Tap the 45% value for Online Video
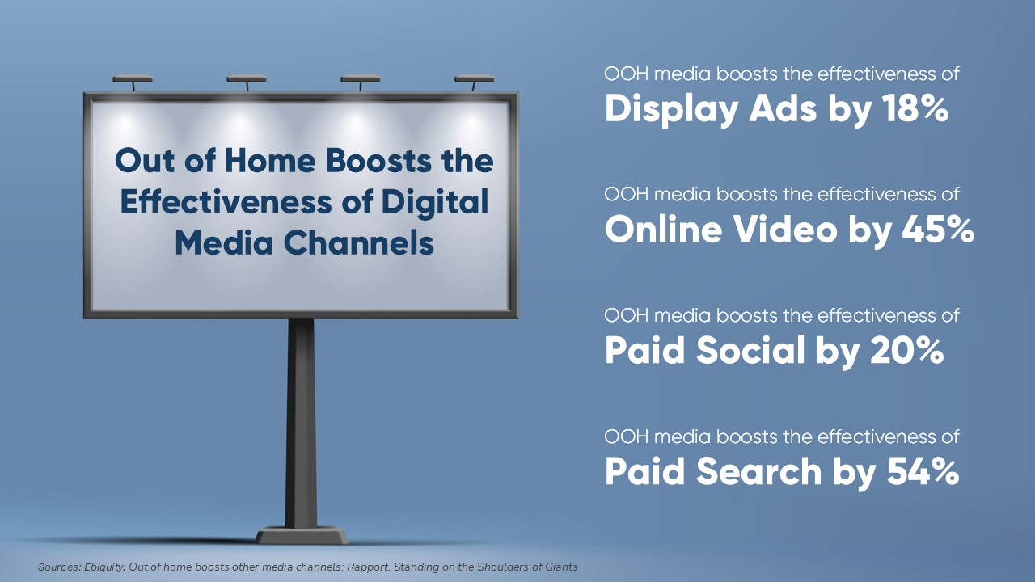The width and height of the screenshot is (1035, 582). (x=938, y=230)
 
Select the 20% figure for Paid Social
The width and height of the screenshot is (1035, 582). (x=906, y=351)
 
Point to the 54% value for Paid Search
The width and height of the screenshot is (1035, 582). (x=923, y=471)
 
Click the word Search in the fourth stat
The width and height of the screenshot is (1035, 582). (x=758, y=471)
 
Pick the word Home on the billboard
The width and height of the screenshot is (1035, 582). (x=270, y=161)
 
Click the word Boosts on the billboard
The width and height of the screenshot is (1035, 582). (x=379, y=161)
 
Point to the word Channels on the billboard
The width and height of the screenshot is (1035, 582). (x=359, y=243)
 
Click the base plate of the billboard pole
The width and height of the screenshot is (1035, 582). (x=302, y=536)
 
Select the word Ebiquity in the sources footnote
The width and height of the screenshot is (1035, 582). (x=104, y=567)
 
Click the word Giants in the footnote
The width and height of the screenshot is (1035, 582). (x=562, y=567)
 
